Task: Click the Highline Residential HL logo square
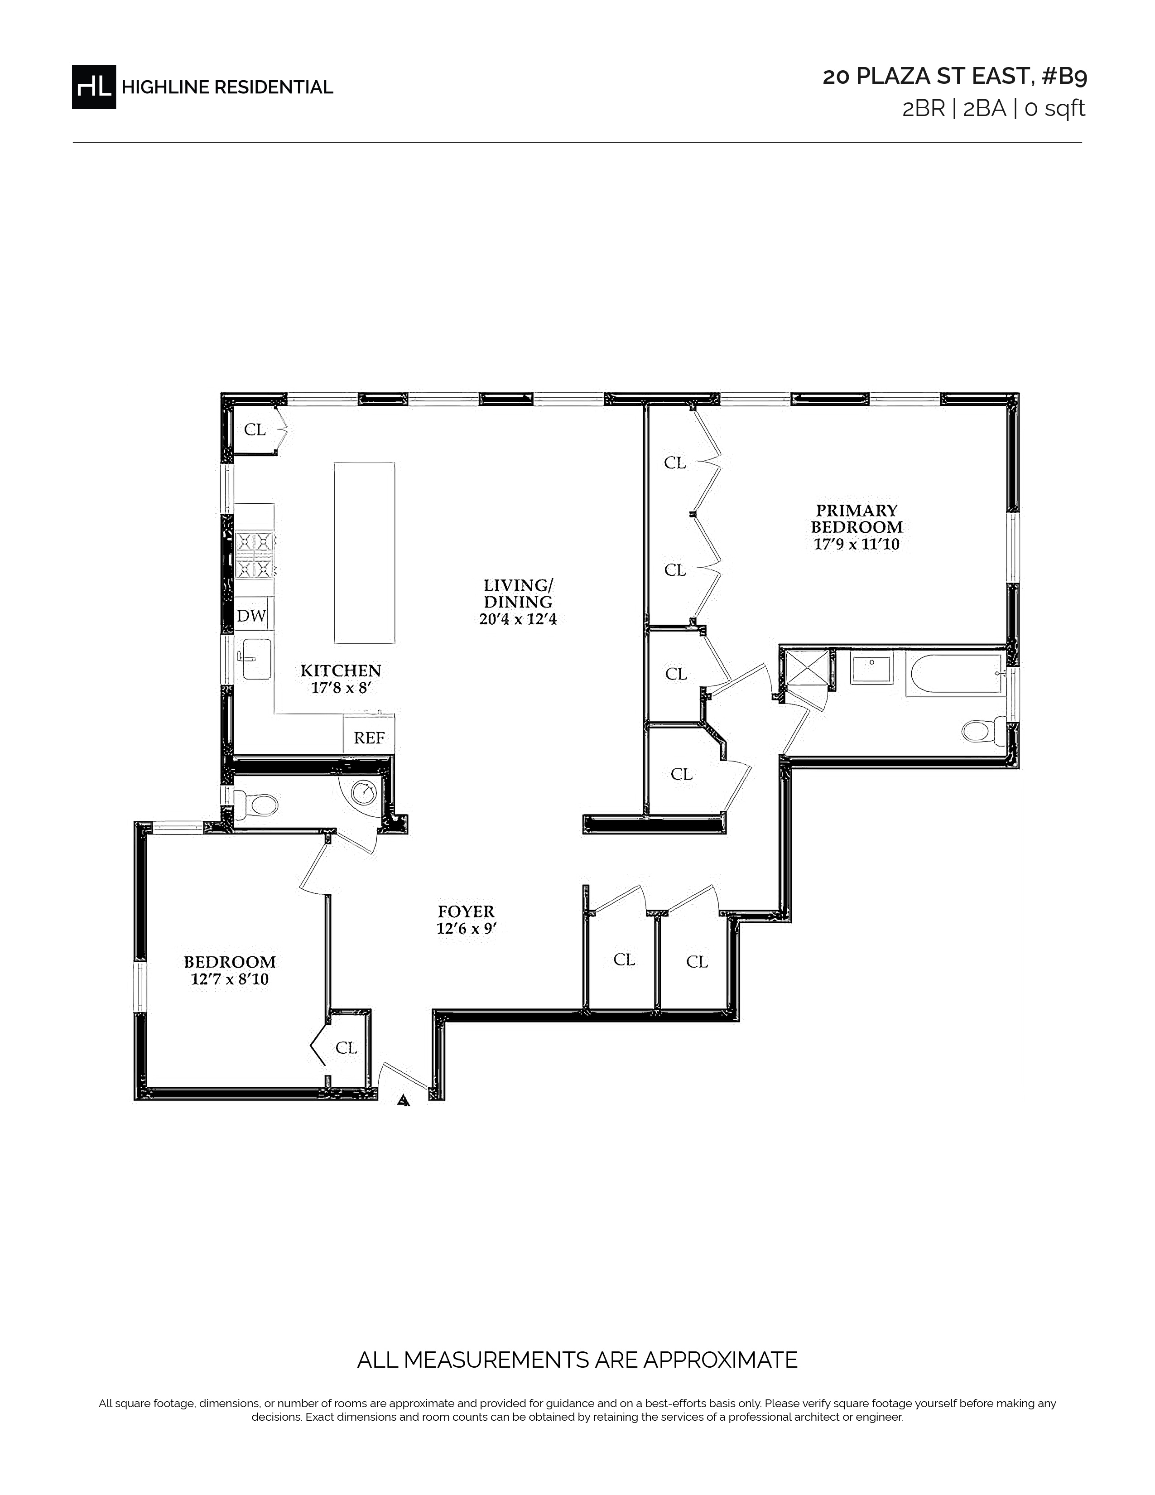94,86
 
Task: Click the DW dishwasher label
251,615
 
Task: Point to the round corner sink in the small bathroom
363,793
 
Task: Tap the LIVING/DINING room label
518,593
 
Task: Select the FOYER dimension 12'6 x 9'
466,929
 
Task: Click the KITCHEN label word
341,671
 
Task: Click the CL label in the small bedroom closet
346,1048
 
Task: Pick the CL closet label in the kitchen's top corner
255,430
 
